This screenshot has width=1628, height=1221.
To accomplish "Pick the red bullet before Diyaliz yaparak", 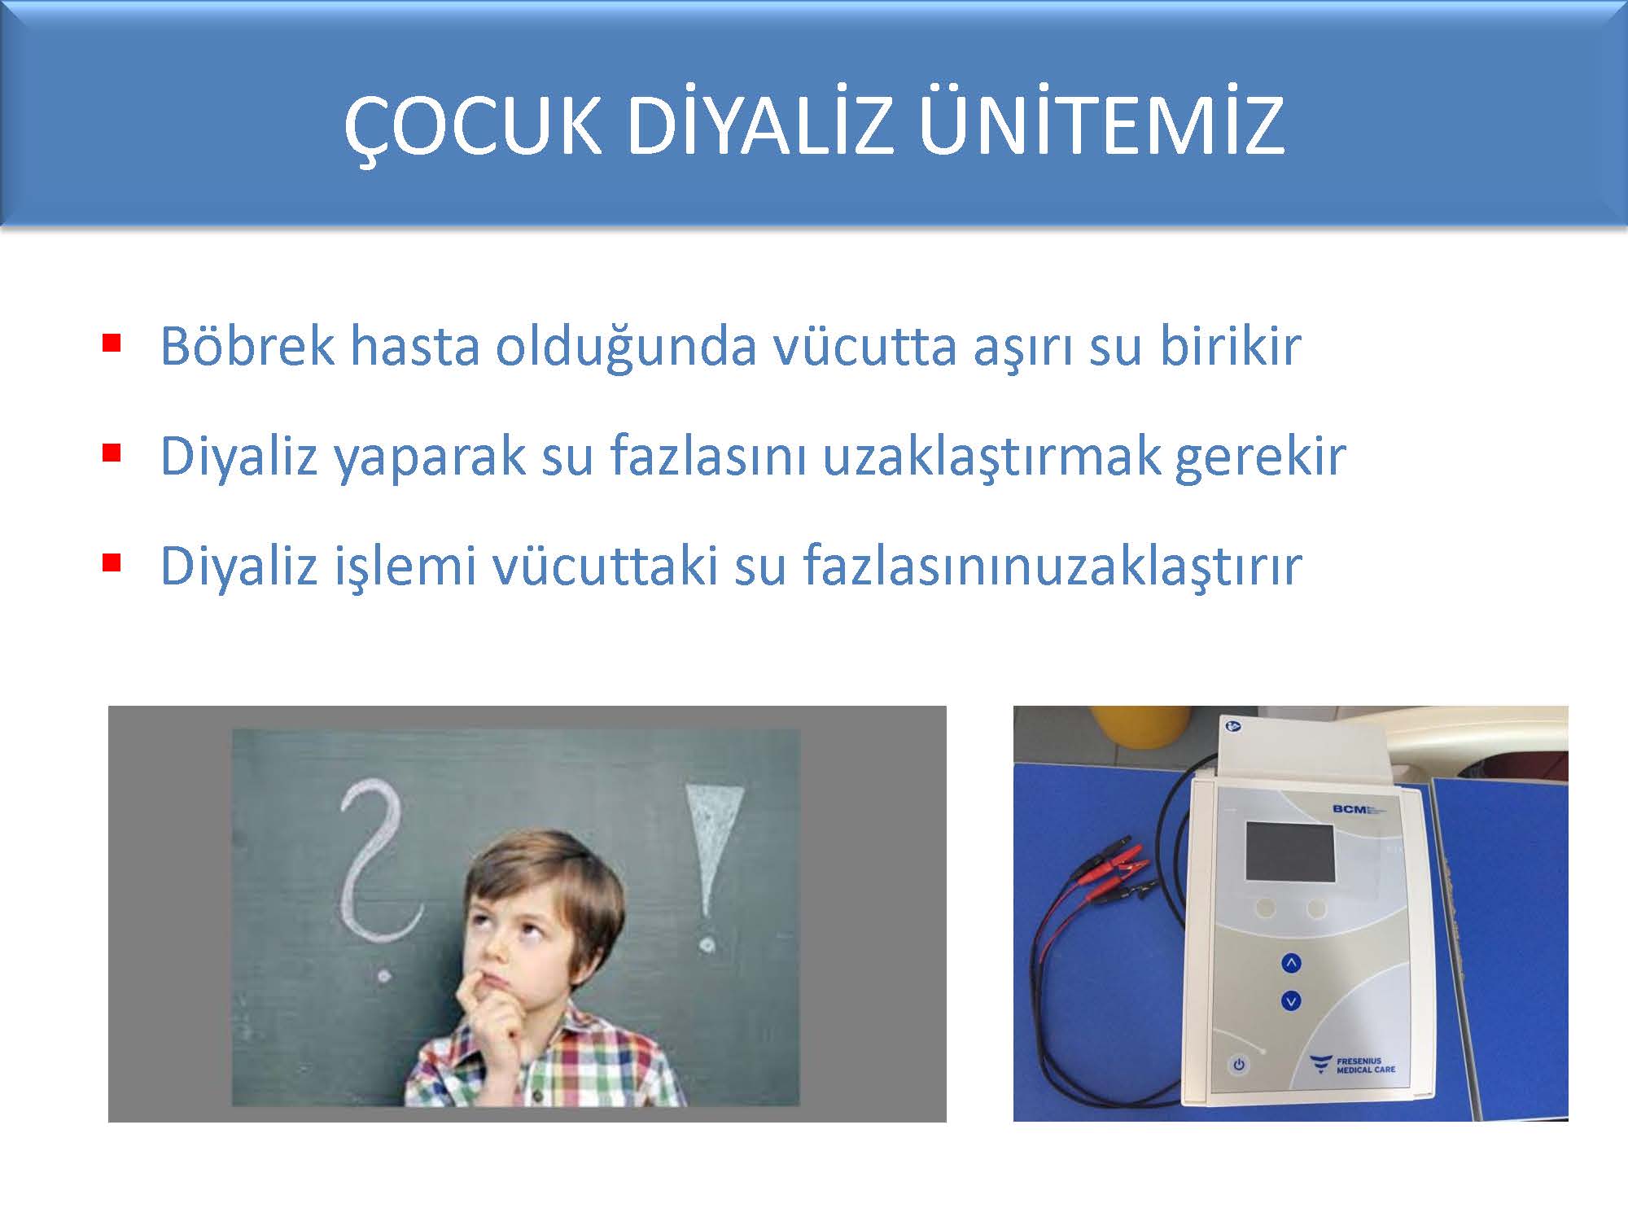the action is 112,452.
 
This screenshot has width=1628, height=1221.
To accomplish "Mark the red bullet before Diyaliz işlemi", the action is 112,562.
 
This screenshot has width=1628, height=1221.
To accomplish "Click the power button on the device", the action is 1238,1064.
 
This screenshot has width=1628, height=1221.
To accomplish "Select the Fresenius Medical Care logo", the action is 1352,1064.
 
